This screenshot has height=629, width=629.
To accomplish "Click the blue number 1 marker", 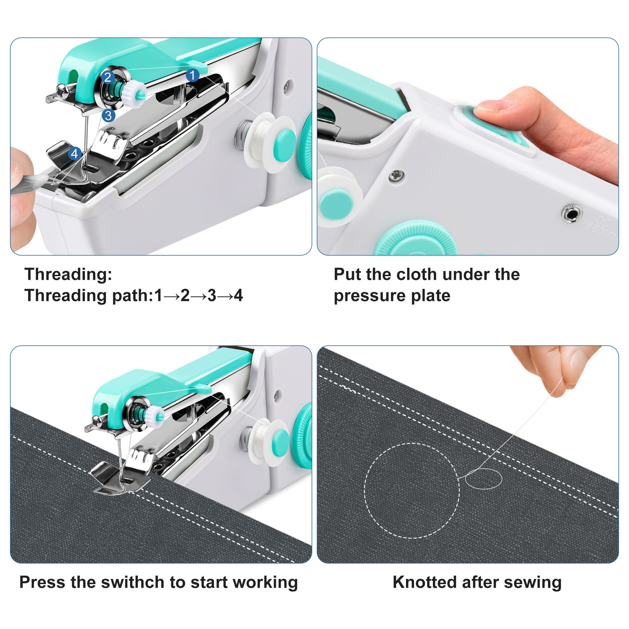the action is click(x=192, y=75).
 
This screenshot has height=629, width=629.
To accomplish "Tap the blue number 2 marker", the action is click(x=108, y=77).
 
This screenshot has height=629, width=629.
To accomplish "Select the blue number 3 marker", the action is click(x=108, y=115).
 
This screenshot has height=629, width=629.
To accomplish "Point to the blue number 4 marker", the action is click(x=75, y=153).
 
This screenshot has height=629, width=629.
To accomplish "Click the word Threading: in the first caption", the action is click(x=68, y=274).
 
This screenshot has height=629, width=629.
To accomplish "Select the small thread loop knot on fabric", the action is click(x=483, y=479).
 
